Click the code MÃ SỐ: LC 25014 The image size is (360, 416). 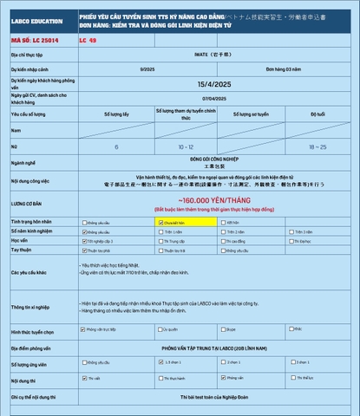[x=30, y=41]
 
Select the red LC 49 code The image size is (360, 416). [x=88, y=41]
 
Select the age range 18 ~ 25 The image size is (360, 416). [x=317, y=147]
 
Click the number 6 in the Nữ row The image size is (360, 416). [x=116, y=147]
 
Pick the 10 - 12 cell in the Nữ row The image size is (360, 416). [x=186, y=147]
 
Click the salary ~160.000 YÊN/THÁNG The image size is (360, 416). [x=213, y=200]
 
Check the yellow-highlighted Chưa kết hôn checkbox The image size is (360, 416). [x=160, y=222]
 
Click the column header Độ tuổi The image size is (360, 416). [x=317, y=114]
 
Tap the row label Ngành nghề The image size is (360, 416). [x=23, y=162]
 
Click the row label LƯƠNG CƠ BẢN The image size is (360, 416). [x=26, y=204]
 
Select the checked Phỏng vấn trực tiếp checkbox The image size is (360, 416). [x=82, y=329]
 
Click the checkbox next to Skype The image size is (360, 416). [x=225, y=329]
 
